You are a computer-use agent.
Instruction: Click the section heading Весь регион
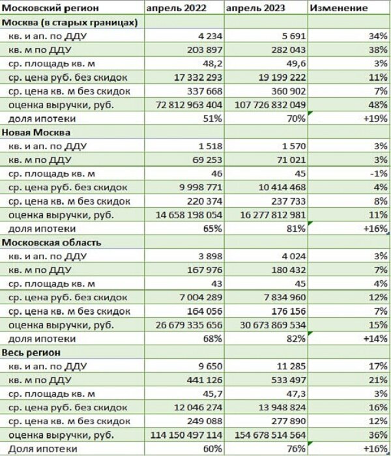tap(32, 352)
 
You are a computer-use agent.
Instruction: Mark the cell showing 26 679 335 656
tap(184, 325)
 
